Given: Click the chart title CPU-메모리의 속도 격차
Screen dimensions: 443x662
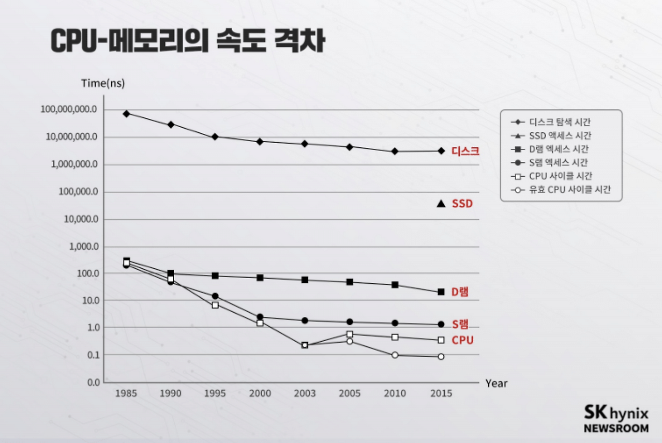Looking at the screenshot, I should pos(187,41).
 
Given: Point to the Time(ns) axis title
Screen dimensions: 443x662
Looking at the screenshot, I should pos(103,83).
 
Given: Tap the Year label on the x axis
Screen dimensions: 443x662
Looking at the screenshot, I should pos(496,384).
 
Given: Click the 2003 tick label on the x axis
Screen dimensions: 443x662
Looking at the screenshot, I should pos(305,394).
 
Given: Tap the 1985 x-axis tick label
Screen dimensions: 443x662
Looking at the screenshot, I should pos(126,394).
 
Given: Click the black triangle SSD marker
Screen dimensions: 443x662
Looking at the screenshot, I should pos(441,204).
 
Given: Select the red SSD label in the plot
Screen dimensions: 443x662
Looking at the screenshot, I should pos(462,204).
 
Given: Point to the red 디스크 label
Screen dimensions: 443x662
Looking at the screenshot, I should pos(465,151).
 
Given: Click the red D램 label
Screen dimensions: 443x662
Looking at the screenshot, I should pos(460,292).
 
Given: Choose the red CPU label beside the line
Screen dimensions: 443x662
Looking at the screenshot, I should pos(463,340).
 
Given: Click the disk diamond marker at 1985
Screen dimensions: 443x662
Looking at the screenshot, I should pos(126,113).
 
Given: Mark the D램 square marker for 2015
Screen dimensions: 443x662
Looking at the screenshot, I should pos(441,292).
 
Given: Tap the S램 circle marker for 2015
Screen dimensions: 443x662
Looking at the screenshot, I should pos(441,325).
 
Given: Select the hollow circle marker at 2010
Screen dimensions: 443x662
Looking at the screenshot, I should pos(395,355).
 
